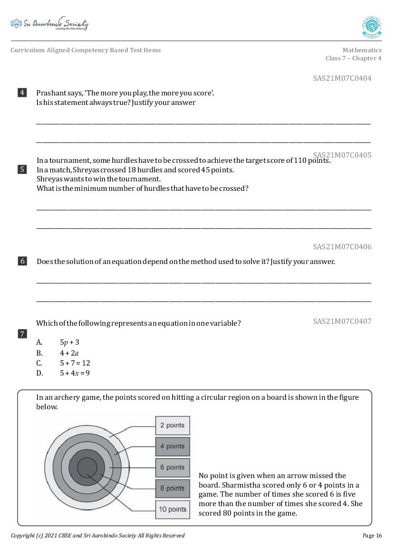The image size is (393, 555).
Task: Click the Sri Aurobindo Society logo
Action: (49, 24)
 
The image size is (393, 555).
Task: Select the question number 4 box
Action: (22, 93)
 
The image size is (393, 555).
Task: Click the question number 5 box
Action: (22, 169)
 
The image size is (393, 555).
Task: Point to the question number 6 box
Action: (22, 261)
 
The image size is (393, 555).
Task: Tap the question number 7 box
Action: (22, 334)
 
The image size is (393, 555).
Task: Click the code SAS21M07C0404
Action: (342, 78)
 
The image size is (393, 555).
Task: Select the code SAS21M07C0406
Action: (342, 247)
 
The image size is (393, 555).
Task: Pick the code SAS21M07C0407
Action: (342, 321)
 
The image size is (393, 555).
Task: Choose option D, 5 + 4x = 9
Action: (75, 373)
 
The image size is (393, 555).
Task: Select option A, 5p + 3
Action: (69, 342)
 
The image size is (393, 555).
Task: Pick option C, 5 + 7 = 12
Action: (75, 363)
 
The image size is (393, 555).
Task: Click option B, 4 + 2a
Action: (69, 353)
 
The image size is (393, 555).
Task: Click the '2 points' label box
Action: (173, 425)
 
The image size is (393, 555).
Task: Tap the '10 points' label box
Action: (173, 509)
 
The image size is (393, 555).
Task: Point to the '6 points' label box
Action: (173, 468)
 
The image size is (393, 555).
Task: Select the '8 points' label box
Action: (173, 489)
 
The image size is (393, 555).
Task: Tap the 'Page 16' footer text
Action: (372, 536)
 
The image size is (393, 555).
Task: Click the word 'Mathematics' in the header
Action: (362, 50)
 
